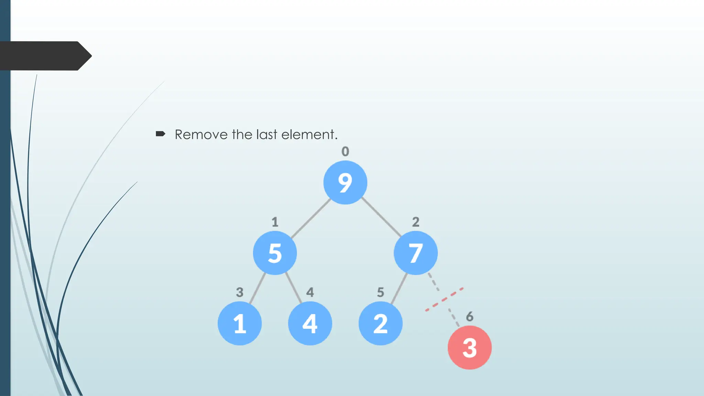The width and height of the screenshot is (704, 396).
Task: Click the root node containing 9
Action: pyautogui.click(x=345, y=183)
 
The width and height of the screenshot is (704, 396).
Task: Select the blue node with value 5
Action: pyautogui.click(x=275, y=253)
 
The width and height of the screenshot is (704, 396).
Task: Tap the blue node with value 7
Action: pyautogui.click(x=416, y=253)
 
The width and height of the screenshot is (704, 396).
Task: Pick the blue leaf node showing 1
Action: pyautogui.click(x=240, y=323)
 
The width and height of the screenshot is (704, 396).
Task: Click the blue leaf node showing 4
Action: pyautogui.click(x=310, y=323)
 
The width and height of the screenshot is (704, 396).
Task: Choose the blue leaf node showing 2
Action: pyautogui.click(x=381, y=323)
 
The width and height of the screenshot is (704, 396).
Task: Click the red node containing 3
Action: pyautogui.click(x=470, y=348)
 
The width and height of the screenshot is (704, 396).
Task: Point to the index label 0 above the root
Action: pyautogui.click(x=345, y=151)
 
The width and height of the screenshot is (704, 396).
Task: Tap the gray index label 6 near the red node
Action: pyautogui.click(x=470, y=316)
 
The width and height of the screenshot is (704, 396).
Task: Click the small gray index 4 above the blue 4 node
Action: pyautogui.click(x=310, y=292)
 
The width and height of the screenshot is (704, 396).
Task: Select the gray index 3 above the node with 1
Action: pyautogui.click(x=240, y=292)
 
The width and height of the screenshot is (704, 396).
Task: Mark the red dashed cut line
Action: pyautogui.click(x=444, y=299)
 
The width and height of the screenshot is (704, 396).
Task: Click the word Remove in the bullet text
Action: pyautogui.click(x=201, y=134)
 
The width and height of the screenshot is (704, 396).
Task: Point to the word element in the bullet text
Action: pyautogui.click(x=308, y=134)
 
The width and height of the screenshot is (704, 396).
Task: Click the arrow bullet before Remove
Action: pyautogui.click(x=161, y=134)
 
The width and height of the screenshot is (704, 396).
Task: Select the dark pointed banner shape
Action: pyautogui.click(x=45, y=56)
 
